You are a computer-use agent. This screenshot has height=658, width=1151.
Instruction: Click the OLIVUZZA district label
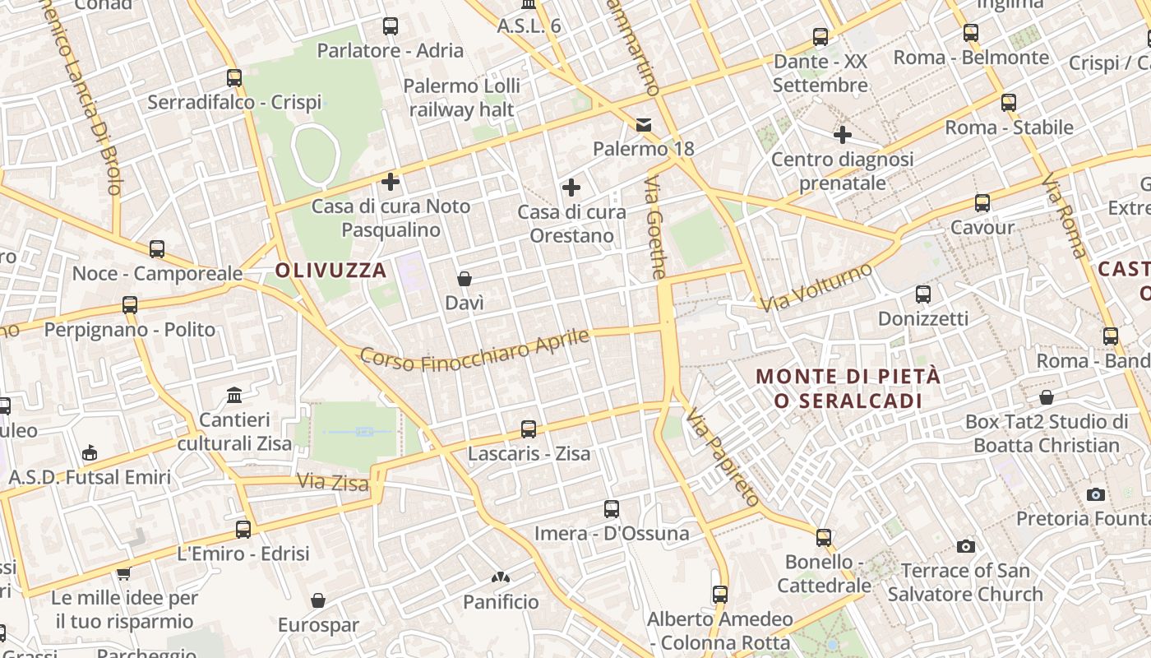click(331, 270)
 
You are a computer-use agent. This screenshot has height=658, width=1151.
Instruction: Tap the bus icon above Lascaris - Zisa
click(529, 429)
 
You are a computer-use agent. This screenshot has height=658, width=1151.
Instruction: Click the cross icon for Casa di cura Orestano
click(571, 188)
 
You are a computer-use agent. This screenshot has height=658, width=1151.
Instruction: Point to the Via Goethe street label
click(655, 227)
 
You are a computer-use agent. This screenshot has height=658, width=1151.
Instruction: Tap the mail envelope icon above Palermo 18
click(644, 125)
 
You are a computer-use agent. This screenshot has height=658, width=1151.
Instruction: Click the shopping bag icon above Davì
click(465, 280)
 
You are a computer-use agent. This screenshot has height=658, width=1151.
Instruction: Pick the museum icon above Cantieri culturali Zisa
click(234, 396)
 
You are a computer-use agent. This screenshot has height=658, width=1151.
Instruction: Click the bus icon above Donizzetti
click(923, 294)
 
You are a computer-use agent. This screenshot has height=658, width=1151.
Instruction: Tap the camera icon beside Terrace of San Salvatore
click(966, 546)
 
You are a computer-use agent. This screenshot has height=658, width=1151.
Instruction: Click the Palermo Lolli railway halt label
click(461, 98)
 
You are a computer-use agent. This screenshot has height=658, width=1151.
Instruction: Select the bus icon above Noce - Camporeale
click(157, 249)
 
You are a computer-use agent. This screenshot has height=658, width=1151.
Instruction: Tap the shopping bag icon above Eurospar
click(318, 601)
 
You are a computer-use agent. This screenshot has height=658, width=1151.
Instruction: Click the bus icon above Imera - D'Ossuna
click(612, 509)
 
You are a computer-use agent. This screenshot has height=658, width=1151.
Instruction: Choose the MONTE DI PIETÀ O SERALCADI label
click(848, 389)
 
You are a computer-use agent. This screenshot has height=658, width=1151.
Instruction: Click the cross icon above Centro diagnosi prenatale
click(843, 135)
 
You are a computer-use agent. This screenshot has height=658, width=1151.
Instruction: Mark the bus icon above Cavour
click(982, 203)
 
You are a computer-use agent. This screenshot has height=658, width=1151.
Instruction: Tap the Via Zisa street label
click(332, 482)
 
